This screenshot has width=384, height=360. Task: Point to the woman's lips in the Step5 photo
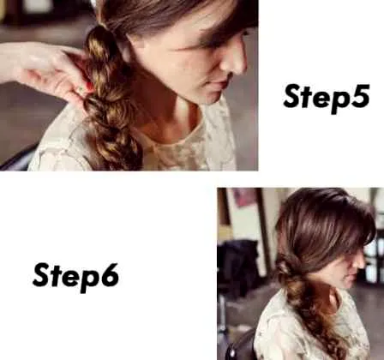[x=220, y=85]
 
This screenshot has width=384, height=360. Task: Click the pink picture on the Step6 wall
[x=244, y=198]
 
